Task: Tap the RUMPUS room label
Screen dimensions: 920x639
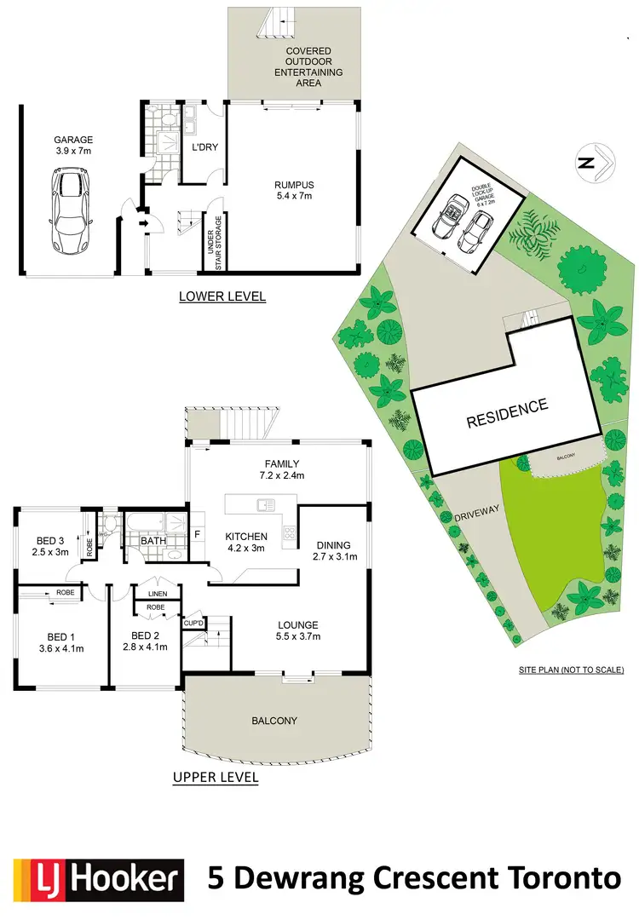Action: (294, 183)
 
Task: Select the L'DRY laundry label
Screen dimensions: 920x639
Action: (205, 147)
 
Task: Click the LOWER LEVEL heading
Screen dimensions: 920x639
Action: (222, 297)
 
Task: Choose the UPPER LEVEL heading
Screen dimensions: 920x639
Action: (216, 777)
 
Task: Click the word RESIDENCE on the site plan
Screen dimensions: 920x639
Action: (506, 413)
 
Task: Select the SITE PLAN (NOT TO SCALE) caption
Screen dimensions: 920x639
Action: (572, 670)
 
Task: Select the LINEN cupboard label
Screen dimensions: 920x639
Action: (158, 594)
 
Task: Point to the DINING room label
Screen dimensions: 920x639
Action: (333, 544)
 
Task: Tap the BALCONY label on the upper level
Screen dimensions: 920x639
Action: (274, 721)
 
